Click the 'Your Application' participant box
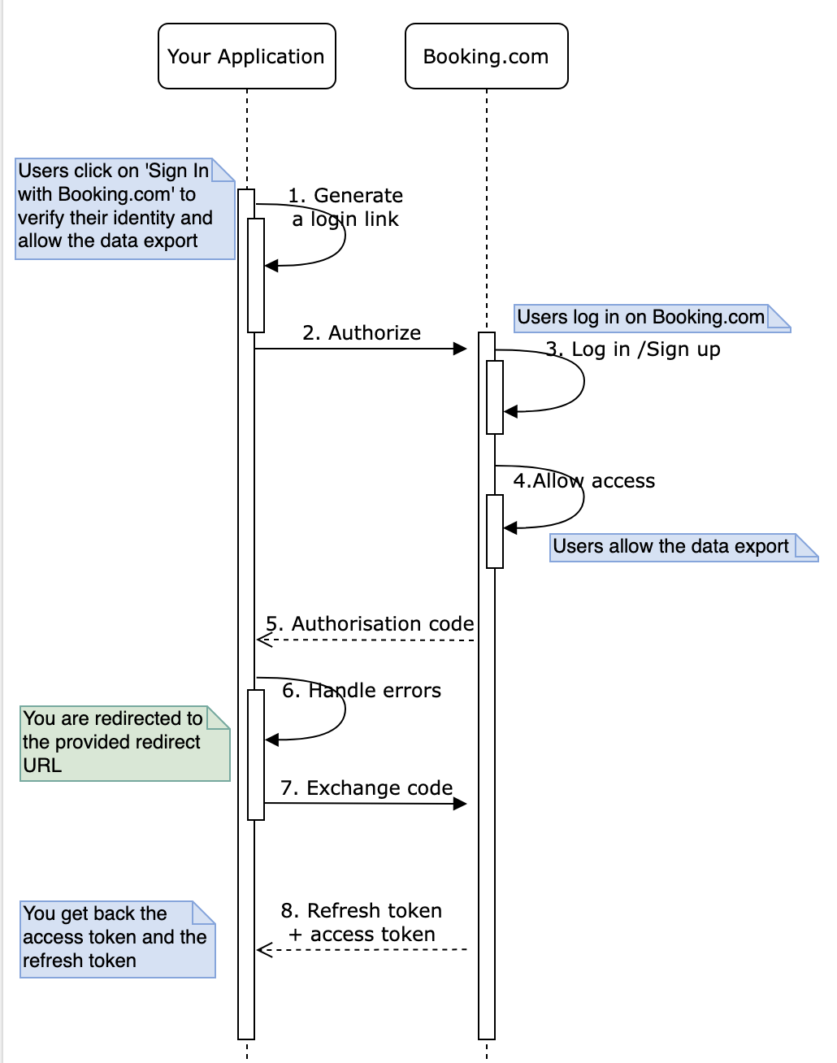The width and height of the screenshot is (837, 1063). tap(246, 56)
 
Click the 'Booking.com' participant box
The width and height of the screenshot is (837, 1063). tap(486, 56)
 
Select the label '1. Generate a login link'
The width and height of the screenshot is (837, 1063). tap(346, 207)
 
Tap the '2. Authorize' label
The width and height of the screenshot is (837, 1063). tap(362, 332)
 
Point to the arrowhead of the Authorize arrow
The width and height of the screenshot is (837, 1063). tap(461, 349)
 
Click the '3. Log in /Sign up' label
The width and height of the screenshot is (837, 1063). tap(633, 349)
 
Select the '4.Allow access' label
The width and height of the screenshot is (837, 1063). tap(583, 481)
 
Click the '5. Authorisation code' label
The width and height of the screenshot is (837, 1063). tap(371, 623)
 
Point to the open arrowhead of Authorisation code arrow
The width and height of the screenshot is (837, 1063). tap(262, 640)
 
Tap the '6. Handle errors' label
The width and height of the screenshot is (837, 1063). tap(362, 691)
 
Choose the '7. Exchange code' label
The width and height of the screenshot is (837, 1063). tap(366, 788)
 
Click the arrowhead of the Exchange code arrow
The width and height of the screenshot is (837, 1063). tap(461, 804)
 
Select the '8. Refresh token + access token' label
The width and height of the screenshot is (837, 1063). tap(362, 922)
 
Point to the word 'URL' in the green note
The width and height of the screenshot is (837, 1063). tap(42, 766)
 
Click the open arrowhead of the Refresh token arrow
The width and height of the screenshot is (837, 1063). tap(262, 949)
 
